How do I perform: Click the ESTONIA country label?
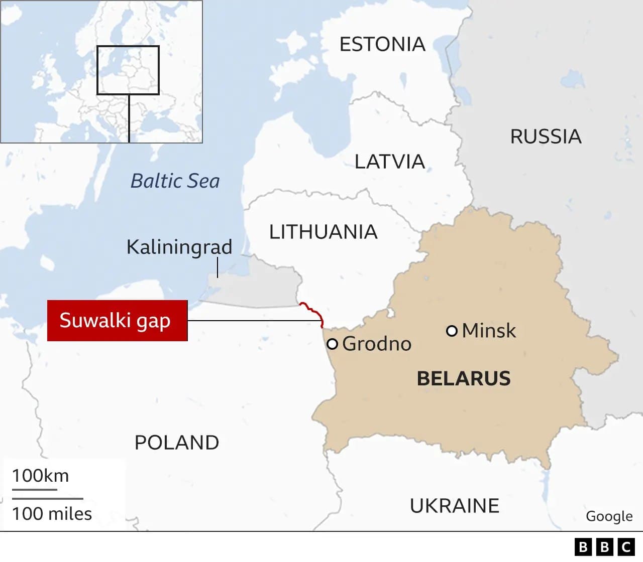click(x=382, y=45)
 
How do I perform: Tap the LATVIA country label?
click(x=390, y=162)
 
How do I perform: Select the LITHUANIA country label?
click(x=323, y=232)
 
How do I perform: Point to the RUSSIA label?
click(x=546, y=136)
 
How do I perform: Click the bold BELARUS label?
click(x=464, y=378)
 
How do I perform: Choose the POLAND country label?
click(x=177, y=443)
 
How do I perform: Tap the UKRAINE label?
click(x=455, y=506)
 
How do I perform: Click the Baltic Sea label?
click(x=175, y=181)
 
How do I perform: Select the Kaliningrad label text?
click(x=179, y=247)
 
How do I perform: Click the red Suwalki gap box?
click(x=117, y=321)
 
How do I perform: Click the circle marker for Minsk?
click(x=452, y=331)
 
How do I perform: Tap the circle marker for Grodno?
click(x=332, y=344)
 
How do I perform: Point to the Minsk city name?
click(x=489, y=331)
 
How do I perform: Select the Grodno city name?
click(x=377, y=344)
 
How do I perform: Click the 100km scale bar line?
click(x=34, y=489)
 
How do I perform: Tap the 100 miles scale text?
click(x=52, y=514)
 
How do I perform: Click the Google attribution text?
click(x=609, y=516)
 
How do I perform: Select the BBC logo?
click(x=604, y=547)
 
